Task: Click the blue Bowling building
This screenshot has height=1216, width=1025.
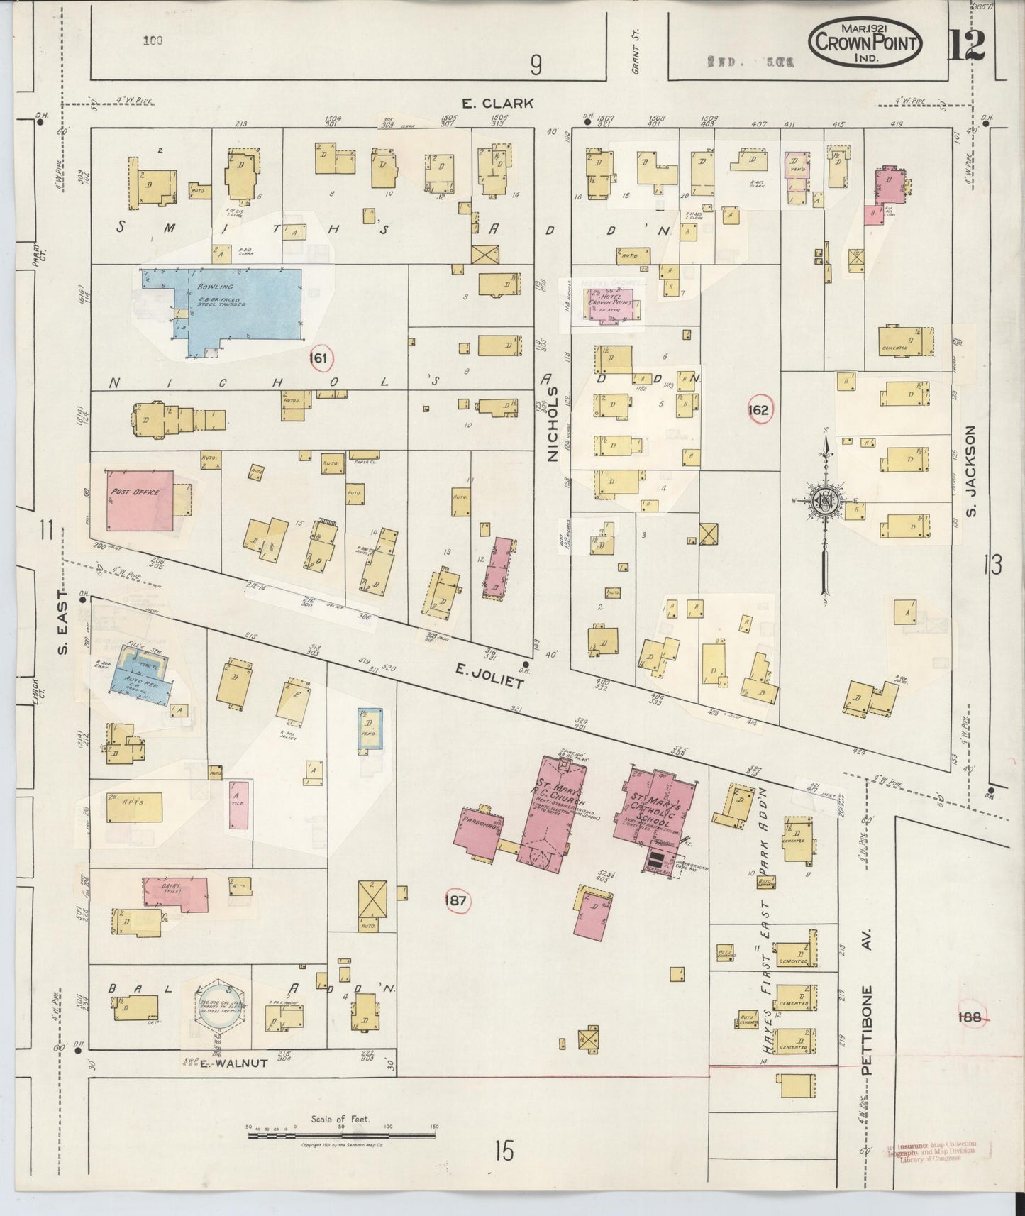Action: pyautogui.click(x=241, y=305)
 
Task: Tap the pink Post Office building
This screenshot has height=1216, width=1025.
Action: pyautogui.click(x=140, y=499)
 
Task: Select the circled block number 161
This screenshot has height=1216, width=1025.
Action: pyautogui.click(x=320, y=359)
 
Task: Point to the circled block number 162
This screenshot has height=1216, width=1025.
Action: pyautogui.click(x=758, y=410)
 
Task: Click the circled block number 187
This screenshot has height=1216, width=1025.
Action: pyautogui.click(x=455, y=901)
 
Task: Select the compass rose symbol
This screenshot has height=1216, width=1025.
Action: pyautogui.click(x=825, y=501)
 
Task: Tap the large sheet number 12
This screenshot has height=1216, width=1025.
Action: pyautogui.click(x=965, y=46)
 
